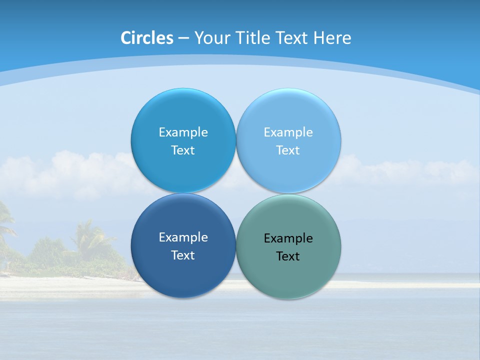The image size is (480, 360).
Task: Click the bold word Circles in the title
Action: tap(146, 38)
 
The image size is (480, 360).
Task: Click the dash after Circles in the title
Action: tap(183, 38)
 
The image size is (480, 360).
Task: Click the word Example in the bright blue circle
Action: tap(183, 132)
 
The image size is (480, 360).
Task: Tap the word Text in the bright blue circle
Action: tap(183, 150)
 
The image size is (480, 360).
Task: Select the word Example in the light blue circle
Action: tap(288, 132)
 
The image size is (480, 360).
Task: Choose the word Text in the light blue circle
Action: tap(288, 150)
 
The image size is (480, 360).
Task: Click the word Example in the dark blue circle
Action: tap(183, 237)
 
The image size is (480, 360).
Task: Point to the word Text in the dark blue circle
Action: tap(183, 255)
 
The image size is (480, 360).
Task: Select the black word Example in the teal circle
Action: tap(288, 238)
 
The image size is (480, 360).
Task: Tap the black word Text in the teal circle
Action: tap(288, 256)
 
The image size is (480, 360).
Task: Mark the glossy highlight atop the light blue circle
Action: tap(288, 98)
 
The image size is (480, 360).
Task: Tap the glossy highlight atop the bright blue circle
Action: tap(183, 98)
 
